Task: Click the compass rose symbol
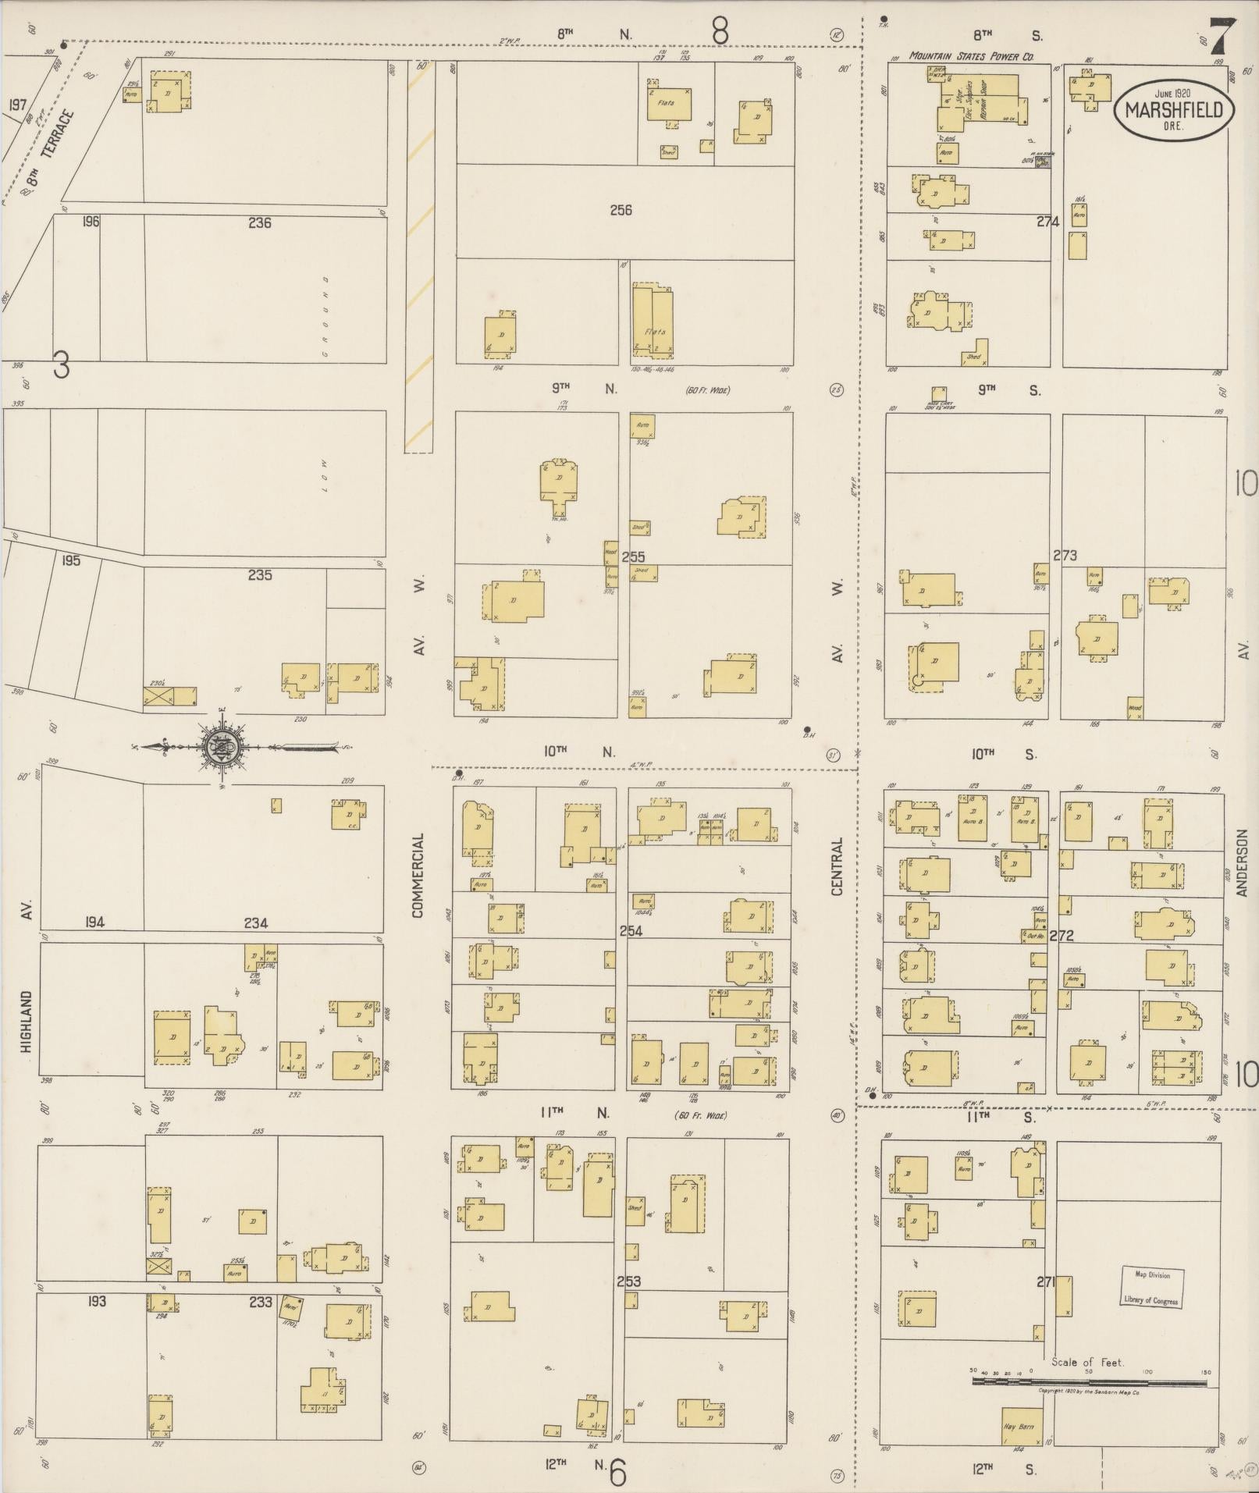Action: coord(222,747)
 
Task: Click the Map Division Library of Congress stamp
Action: coord(1151,1287)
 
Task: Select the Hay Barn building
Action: coord(1019,1426)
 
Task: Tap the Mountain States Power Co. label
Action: coord(971,56)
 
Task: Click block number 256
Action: coord(621,210)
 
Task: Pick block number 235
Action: coord(259,575)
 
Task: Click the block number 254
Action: coord(631,930)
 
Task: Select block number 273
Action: coord(1065,556)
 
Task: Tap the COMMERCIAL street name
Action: coord(418,875)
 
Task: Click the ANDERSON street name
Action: coord(1242,862)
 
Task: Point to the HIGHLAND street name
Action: coord(27,1022)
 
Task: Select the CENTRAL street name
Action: coord(837,866)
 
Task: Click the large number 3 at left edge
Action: coord(60,364)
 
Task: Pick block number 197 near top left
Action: coord(17,104)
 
